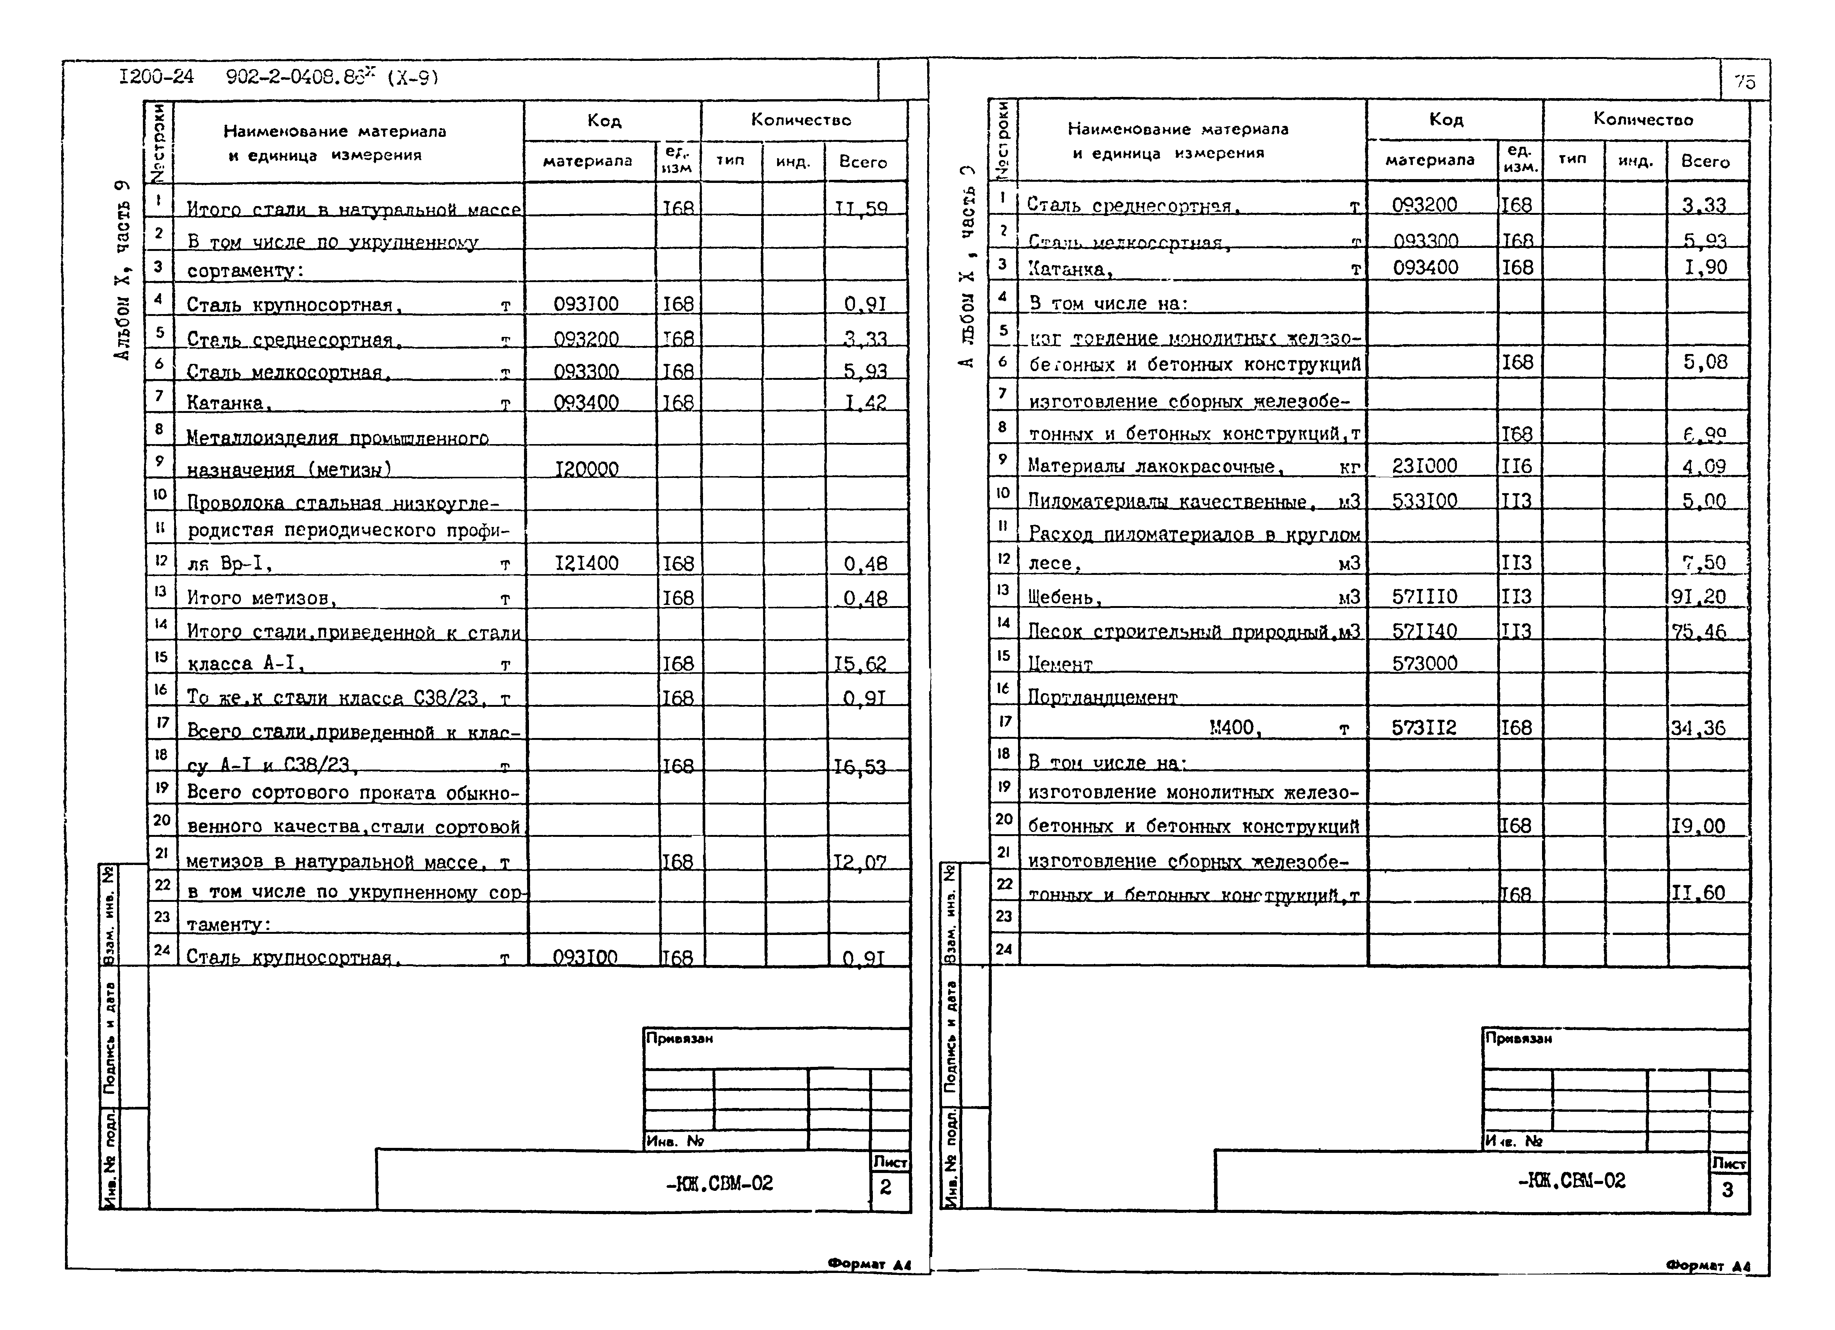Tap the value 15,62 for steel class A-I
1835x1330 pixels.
860,664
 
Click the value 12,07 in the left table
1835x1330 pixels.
860,862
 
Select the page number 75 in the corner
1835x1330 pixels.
1745,81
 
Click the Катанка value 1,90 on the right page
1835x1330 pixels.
1705,267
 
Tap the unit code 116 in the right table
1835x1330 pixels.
1516,466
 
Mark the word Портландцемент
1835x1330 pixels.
1102,697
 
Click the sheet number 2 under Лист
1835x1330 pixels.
886,1187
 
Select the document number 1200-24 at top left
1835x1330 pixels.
156,77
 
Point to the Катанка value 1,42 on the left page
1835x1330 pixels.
865,402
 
